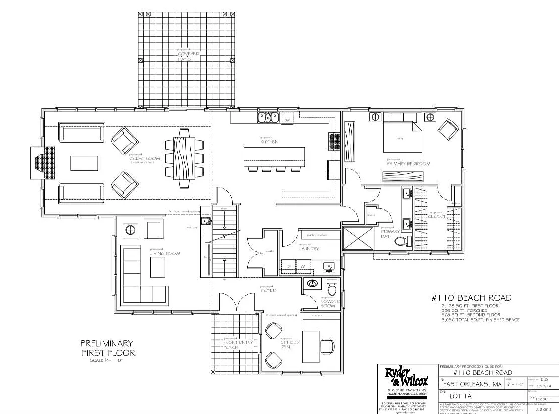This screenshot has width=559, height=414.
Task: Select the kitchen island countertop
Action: [x=274, y=157]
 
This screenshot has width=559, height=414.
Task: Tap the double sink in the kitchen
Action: [x=267, y=118]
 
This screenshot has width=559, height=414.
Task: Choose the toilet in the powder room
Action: [x=332, y=288]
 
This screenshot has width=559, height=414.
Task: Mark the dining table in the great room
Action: [x=185, y=158]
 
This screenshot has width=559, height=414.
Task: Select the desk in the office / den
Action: [x=311, y=348]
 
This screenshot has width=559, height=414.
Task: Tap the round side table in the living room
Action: [x=130, y=230]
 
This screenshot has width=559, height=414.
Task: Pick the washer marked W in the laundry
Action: [x=302, y=266]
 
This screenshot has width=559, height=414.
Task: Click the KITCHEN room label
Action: [x=269, y=142]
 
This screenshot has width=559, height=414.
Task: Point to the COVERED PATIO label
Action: [x=188, y=55]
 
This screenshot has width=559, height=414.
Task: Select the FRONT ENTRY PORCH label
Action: [x=237, y=344]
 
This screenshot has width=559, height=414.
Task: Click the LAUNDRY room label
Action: [x=308, y=248]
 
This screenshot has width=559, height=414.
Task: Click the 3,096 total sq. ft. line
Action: [x=480, y=320]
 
